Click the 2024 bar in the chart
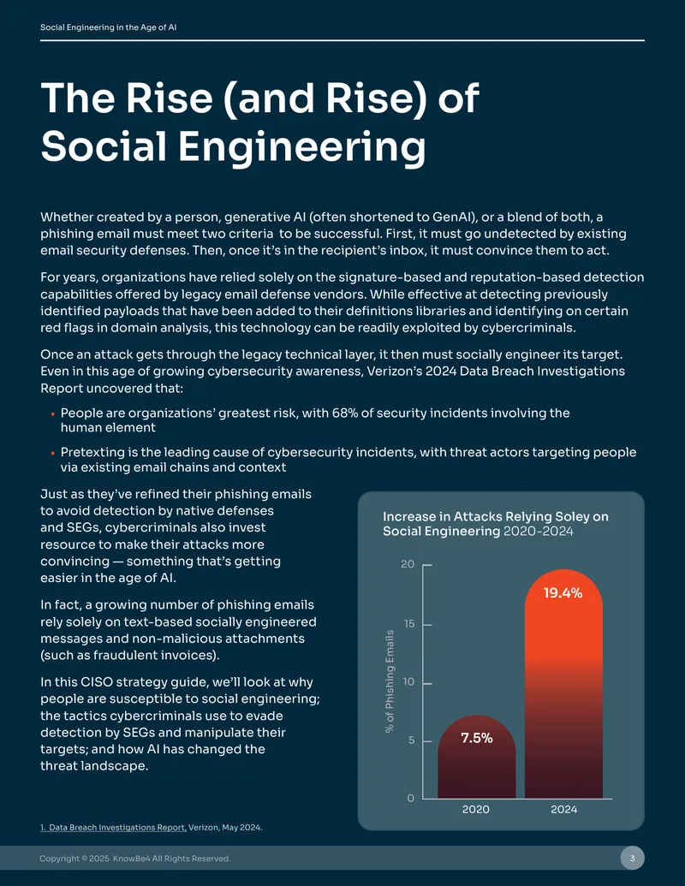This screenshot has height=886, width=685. (x=563, y=684)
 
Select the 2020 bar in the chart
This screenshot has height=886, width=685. (x=476, y=757)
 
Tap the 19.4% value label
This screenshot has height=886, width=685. (x=563, y=592)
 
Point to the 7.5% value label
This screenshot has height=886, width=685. (x=476, y=738)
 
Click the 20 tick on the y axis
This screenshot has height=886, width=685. (x=408, y=564)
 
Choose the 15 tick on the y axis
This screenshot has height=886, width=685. (x=408, y=624)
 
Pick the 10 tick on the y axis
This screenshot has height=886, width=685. (x=408, y=682)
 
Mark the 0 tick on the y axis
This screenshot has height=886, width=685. (x=411, y=798)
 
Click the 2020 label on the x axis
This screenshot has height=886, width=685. (x=476, y=809)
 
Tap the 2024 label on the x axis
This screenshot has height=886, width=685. (x=564, y=809)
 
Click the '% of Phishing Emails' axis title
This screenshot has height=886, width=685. (x=390, y=681)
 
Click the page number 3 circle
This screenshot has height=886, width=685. (x=633, y=859)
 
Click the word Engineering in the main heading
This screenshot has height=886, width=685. (x=301, y=147)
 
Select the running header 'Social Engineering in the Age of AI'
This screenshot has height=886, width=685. (x=109, y=27)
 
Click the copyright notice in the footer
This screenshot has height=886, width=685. (x=135, y=859)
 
